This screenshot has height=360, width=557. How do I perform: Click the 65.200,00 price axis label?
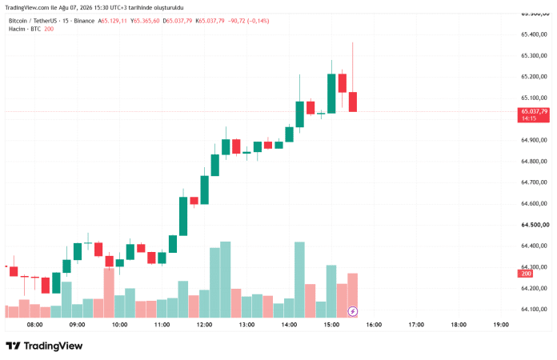pyautogui.click(x=534, y=77)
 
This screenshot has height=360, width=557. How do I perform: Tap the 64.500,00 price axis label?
pyautogui.click(x=535, y=225)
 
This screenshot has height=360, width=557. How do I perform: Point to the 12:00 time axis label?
pyautogui.click(x=204, y=325)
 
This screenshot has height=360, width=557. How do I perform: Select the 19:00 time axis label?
pyautogui.click(x=501, y=325)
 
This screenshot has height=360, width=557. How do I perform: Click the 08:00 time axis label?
pyautogui.click(x=35, y=325)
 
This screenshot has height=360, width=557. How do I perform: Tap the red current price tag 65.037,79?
pyautogui.click(x=534, y=114)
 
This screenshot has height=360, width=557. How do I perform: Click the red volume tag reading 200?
pyautogui.click(x=525, y=274)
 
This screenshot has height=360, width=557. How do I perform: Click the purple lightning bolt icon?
pyautogui.click(x=352, y=311)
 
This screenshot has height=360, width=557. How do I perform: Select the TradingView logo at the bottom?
pyautogui.click(x=44, y=346)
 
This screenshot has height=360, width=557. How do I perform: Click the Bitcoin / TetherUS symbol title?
pyautogui.click(x=33, y=21)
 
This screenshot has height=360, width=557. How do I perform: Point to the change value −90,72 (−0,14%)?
pyautogui.click(x=248, y=21)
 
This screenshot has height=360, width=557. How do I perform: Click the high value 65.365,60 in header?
pyautogui.click(x=145, y=21)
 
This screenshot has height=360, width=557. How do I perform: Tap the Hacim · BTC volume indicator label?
pyautogui.click(x=25, y=29)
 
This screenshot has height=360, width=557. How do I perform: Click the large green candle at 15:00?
pyautogui.click(x=331, y=94)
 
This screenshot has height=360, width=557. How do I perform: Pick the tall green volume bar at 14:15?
pyautogui.click(x=299, y=280)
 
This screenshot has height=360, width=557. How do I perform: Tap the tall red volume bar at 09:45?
pyautogui.click(x=109, y=293)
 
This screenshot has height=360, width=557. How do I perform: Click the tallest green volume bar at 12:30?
pyautogui.click(x=226, y=280)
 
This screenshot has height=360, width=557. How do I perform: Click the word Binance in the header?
pyautogui.click(x=84, y=21)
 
